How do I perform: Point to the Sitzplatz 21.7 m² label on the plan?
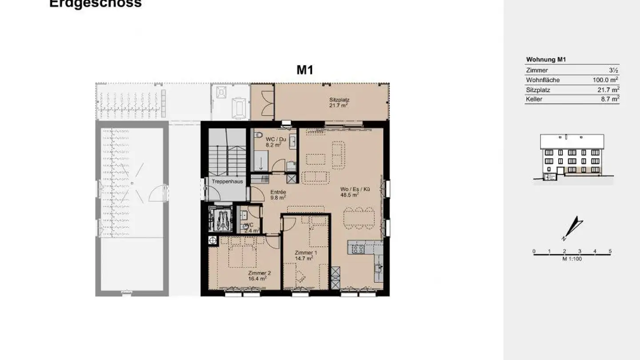[338, 103]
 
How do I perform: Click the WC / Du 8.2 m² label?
[274, 142]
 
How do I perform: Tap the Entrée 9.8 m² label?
[279, 195]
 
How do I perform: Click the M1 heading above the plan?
[305, 70]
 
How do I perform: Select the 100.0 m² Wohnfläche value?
[606, 80]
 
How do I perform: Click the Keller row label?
[534, 100]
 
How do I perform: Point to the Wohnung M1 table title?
[546, 60]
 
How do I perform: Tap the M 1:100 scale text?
[572, 259]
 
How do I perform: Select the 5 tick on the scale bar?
[610, 252]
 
